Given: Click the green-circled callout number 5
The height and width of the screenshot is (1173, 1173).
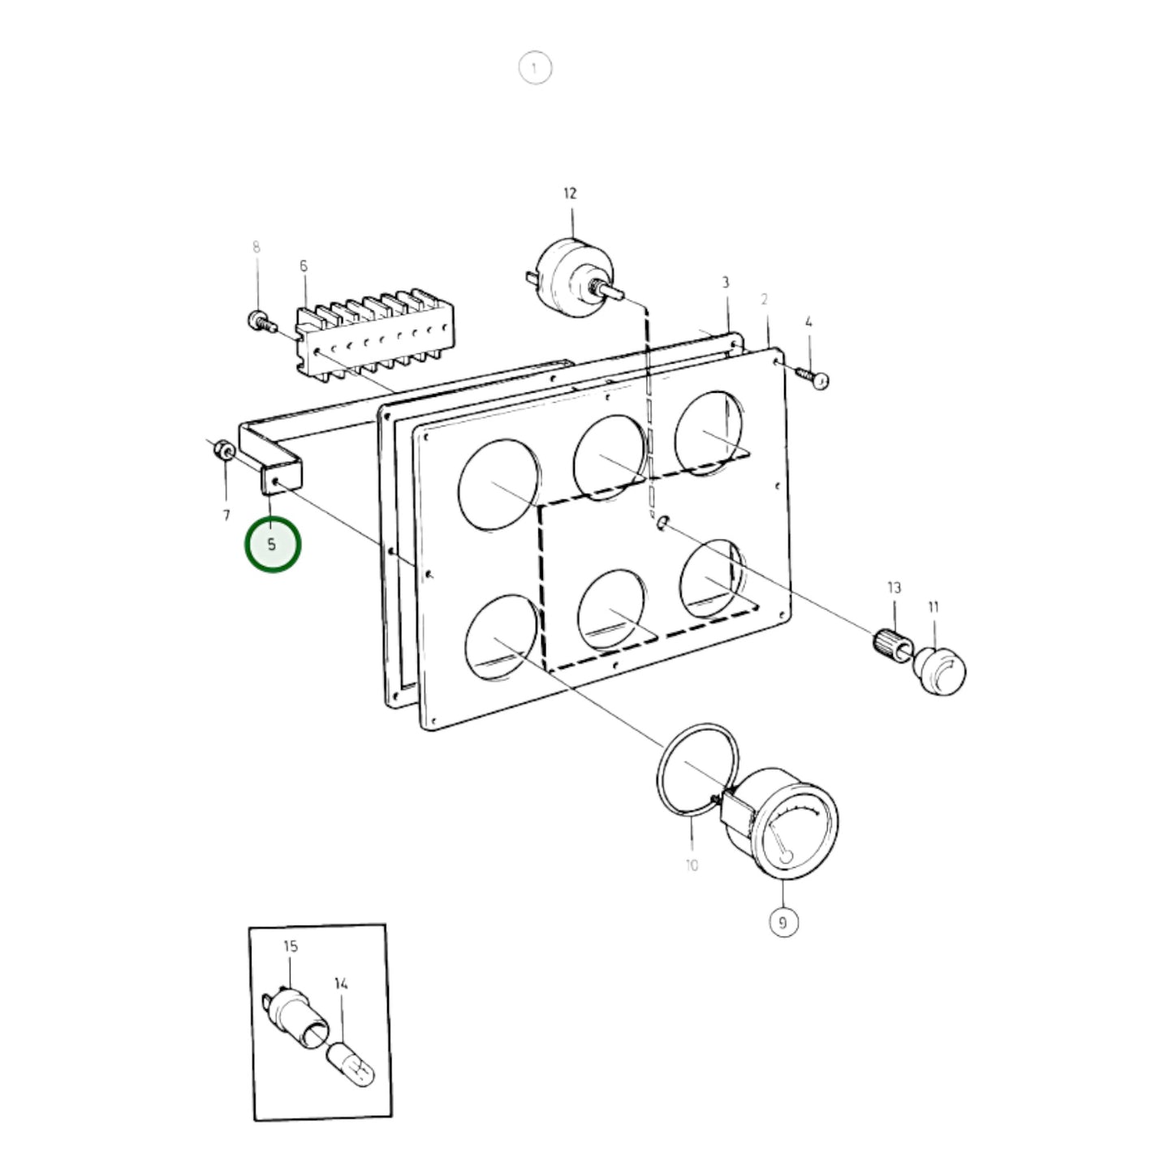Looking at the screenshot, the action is [272, 544].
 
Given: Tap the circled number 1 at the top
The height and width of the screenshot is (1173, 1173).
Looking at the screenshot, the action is [535, 68].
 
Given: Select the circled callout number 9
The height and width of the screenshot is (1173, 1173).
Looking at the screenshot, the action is [783, 923].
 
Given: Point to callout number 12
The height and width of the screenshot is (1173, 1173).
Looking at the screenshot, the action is [570, 193].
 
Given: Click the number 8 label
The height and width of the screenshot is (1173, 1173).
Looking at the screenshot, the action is [257, 247].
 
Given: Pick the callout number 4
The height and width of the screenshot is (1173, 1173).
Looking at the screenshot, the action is [809, 321].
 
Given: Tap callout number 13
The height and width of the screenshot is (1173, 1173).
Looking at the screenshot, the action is [894, 588].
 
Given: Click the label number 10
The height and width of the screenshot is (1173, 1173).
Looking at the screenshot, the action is [692, 865].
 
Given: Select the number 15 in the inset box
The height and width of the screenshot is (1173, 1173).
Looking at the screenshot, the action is [291, 946].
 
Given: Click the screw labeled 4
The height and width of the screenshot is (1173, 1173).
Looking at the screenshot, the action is [813, 377].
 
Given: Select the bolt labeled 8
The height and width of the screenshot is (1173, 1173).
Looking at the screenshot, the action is [262, 321].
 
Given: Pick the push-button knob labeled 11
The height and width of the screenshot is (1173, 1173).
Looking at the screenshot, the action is [939, 671].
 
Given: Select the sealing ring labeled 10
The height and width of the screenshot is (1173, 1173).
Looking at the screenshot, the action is [698, 768].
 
